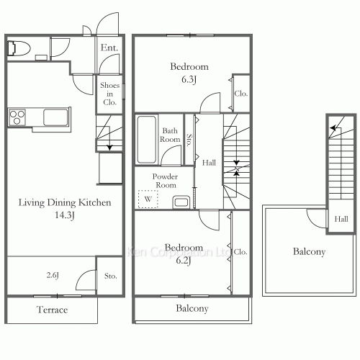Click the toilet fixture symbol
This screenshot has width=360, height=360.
(19, 48)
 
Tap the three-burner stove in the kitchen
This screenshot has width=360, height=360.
(17, 117)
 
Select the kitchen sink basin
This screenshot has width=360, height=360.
(55, 117)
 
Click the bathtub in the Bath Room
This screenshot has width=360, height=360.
(146, 140)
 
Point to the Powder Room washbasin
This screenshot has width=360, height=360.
(181, 202)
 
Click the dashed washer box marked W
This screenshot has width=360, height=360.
(148, 199)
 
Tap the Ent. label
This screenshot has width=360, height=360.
(109, 48)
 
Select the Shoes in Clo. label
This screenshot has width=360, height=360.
(109, 94)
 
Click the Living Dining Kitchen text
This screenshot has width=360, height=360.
(65, 202)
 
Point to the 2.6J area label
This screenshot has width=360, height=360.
(53, 275)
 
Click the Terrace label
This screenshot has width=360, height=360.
(52, 310)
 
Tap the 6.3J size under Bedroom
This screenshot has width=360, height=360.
(189, 79)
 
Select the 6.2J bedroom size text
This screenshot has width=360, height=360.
(184, 260)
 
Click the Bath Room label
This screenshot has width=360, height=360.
(170, 135)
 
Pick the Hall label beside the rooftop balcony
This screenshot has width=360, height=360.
(341, 219)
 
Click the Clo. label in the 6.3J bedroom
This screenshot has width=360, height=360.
(241, 94)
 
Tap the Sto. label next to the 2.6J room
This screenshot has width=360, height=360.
(111, 276)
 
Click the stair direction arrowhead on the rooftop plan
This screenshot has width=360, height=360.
(333, 128)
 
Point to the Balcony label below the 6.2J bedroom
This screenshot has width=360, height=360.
(192, 308)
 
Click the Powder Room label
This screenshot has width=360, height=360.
(165, 181)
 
